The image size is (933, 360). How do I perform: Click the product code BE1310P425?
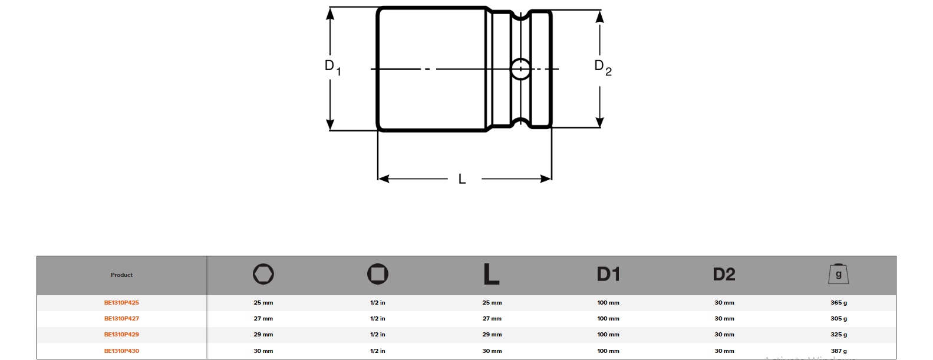pyautogui.click(x=121, y=303)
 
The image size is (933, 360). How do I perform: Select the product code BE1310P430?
pyautogui.click(x=121, y=351)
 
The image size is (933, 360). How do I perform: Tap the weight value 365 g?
pyautogui.click(x=839, y=303)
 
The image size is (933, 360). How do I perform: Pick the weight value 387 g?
pyautogui.click(x=839, y=351)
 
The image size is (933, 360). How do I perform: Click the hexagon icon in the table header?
pyautogui.click(x=263, y=274)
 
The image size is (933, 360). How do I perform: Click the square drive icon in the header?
pyautogui.click(x=378, y=274)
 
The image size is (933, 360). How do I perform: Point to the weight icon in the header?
pyautogui.click(x=839, y=274)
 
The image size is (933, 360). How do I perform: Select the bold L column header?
pyautogui.click(x=491, y=274)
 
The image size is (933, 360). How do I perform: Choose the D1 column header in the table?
pyautogui.click(x=608, y=274)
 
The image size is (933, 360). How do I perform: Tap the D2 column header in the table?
pyautogui.click(x=724, y=274)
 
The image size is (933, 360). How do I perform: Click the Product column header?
pyautogui.click(x=121, y=275)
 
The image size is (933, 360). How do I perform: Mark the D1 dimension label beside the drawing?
pyautogui.click(x=332, y=67)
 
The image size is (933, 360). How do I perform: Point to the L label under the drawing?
pyautogui.click(x=462, y=179)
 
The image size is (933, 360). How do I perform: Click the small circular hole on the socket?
pyautogui.click(x=520, y=69)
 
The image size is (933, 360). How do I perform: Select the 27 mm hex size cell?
pyautogui.click(x=263, y=319)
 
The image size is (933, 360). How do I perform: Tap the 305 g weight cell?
pyautogui.click(x=839, y=319)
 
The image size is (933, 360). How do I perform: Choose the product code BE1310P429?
pyautogui.click(x=121, y=335)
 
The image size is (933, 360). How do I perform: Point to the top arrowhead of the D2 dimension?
pyautogui.click(x=599, y=16)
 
